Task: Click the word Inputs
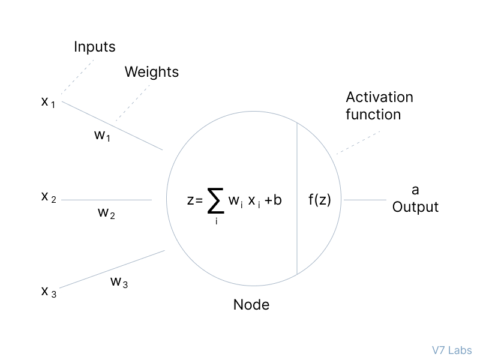[x=94, y=47]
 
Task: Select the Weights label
[x=151, y=72]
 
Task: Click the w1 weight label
[x=103, y=135]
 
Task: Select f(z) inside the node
[x=320, y=200]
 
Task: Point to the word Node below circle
[x=251, y=305]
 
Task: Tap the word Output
[x=415, y=208]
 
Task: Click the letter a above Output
[x=415, y=190]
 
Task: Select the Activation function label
[x=379, y=106]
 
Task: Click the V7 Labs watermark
[x=451, y=350]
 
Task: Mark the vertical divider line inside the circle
[x=297, y=180]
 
